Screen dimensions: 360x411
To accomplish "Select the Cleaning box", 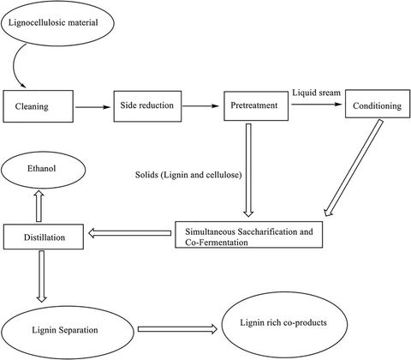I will click(x=36, y=108).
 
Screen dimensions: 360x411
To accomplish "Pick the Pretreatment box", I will click(x=254, y=107).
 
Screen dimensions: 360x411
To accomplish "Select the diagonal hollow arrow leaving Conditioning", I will click(x=354, y=171).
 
